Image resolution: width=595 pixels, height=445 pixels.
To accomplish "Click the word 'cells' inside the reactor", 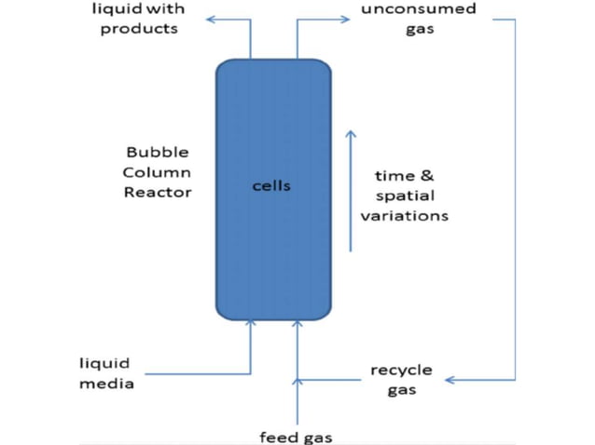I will (x=271, y=186).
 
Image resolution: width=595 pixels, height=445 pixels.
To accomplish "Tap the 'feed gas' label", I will (x=296, y=436).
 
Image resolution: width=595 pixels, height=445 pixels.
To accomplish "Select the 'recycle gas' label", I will (x=401, y=380).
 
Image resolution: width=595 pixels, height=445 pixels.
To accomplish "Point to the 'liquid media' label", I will (x=104, y=372).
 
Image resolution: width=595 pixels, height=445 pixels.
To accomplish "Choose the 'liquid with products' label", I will (x=139, y=19).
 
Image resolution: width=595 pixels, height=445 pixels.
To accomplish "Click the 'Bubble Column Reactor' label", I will (x=158, y=172).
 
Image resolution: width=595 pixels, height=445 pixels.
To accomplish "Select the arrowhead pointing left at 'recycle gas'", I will (x=450, y=380).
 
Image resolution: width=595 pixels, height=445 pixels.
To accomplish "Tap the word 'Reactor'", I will (x=158, y=193).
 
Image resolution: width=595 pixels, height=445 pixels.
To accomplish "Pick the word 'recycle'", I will (x=401, y=371).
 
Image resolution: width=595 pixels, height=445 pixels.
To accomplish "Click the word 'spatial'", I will (x=405, y=196).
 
